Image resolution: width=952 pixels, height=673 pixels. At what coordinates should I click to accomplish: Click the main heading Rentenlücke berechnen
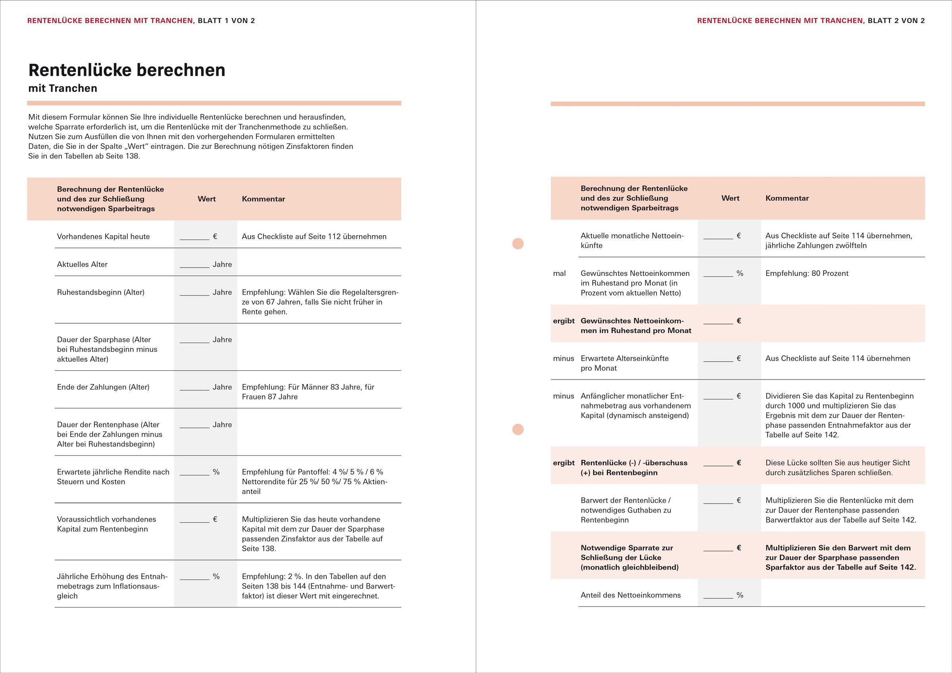point(127,70)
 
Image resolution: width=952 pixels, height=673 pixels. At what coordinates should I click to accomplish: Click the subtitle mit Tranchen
point(63,88)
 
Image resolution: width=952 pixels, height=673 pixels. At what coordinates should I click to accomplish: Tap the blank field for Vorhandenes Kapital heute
point(194,237)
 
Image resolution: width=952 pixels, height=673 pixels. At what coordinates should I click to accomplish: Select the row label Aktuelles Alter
point(82,265)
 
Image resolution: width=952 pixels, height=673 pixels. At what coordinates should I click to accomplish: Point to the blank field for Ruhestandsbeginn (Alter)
point(194,293)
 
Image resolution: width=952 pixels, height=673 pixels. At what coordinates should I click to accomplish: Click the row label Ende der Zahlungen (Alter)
point(103,387)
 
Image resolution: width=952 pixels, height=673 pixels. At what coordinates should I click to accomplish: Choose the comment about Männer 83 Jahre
point(308,391)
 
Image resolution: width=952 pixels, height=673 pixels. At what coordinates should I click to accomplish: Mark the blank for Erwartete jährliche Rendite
point(194,472)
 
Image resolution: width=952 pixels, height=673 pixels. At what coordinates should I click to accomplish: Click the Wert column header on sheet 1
point(206,199)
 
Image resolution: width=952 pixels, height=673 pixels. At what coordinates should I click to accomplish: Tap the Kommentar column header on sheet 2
point(787,198)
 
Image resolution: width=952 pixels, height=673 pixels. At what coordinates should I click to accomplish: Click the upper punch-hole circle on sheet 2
point(518,244)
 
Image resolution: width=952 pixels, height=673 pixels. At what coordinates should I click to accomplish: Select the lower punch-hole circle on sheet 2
point(518,429)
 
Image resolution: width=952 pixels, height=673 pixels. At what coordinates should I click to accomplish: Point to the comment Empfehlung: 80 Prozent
point(806,274)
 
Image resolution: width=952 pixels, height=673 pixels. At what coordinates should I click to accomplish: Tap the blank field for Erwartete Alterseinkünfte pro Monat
point(718,359)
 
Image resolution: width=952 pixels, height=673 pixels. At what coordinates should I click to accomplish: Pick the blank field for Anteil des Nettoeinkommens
point(718,596)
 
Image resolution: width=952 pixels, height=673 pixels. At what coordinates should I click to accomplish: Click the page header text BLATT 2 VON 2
point(896,21)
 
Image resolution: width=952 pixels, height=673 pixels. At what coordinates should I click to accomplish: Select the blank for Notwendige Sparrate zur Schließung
point(718,548)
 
